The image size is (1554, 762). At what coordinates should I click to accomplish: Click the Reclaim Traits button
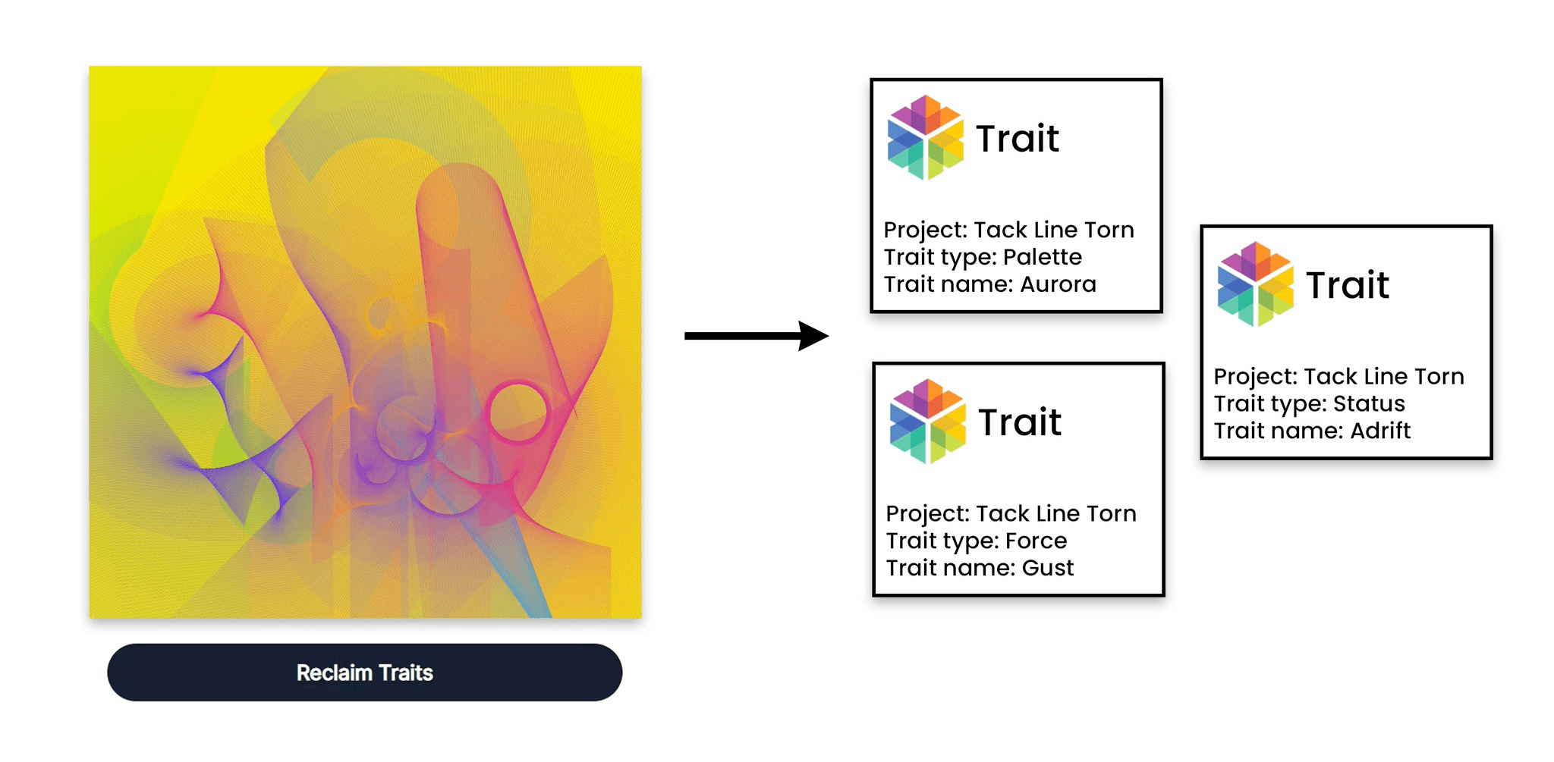[364, 673]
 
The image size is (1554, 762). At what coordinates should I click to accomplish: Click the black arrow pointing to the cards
[756, 336]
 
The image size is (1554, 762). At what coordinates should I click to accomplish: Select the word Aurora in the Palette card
[1058, 284]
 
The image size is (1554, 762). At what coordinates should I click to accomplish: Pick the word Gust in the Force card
[1048, 568]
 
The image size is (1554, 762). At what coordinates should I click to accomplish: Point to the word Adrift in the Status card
[1380, 431]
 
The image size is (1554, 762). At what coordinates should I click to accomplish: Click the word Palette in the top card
[1042, 257]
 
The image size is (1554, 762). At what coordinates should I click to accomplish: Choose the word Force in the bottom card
[1036, 541]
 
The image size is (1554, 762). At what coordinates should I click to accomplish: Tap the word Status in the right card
[1369, 403]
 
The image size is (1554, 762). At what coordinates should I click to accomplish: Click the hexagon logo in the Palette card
[926, 137]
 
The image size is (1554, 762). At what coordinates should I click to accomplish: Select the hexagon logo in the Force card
[927, 422]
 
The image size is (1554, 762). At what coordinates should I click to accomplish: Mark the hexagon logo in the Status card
[1256, 284]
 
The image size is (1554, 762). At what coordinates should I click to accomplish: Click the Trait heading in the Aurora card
[1018, 139]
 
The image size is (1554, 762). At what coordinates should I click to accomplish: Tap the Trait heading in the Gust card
[1020, 422]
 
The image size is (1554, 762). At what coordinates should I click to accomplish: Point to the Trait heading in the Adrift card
[1348, 285]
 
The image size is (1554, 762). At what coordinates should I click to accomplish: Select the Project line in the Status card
[1339, 376]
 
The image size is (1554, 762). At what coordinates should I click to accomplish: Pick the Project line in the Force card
[1011, 513]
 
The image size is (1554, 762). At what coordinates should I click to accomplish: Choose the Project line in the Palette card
[1008, 230]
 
